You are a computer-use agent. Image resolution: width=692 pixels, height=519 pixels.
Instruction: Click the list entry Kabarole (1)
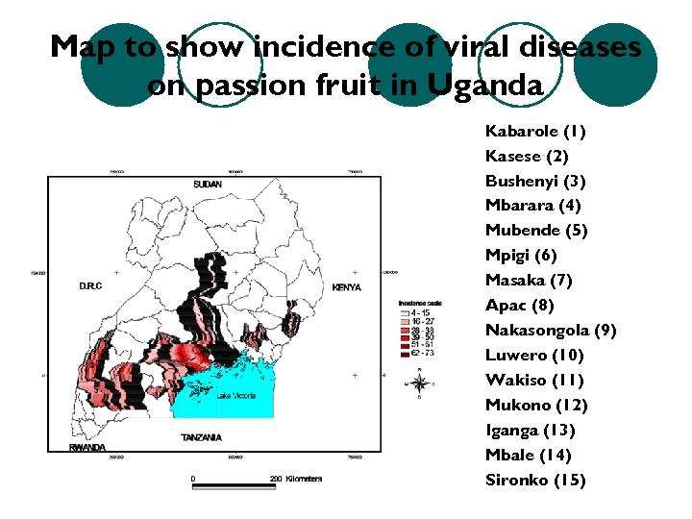[x=535, y=131]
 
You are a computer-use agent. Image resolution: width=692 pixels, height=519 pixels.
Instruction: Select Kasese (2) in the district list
[x=527, y=156]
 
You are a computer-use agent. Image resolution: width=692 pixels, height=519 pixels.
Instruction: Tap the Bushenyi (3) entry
[x=535, y=181]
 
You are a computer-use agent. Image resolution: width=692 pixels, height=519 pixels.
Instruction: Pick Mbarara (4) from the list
[x=533, y=206]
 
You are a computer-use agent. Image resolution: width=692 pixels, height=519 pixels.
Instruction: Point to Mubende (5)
[x=536, y=231]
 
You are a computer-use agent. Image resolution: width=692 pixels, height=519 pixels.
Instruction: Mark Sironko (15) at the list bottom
[x=535, y=481]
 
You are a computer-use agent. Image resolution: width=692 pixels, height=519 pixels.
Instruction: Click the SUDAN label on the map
[x=207, y=185]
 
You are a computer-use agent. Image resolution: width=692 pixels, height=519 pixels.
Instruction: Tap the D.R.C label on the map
[x=92, y=286]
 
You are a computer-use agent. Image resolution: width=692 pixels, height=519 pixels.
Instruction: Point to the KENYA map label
[x=345, y=287]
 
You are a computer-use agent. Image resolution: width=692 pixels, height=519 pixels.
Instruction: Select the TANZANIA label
[x=201, y=437]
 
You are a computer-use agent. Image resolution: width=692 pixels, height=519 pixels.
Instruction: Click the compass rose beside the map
[x=419, y=383]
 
